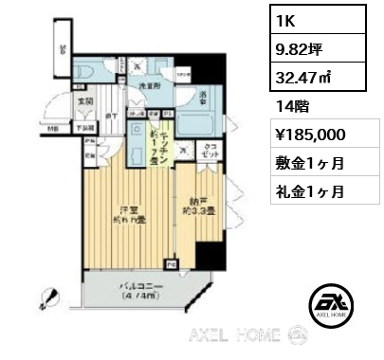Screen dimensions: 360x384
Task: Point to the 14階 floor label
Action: point(289,109)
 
